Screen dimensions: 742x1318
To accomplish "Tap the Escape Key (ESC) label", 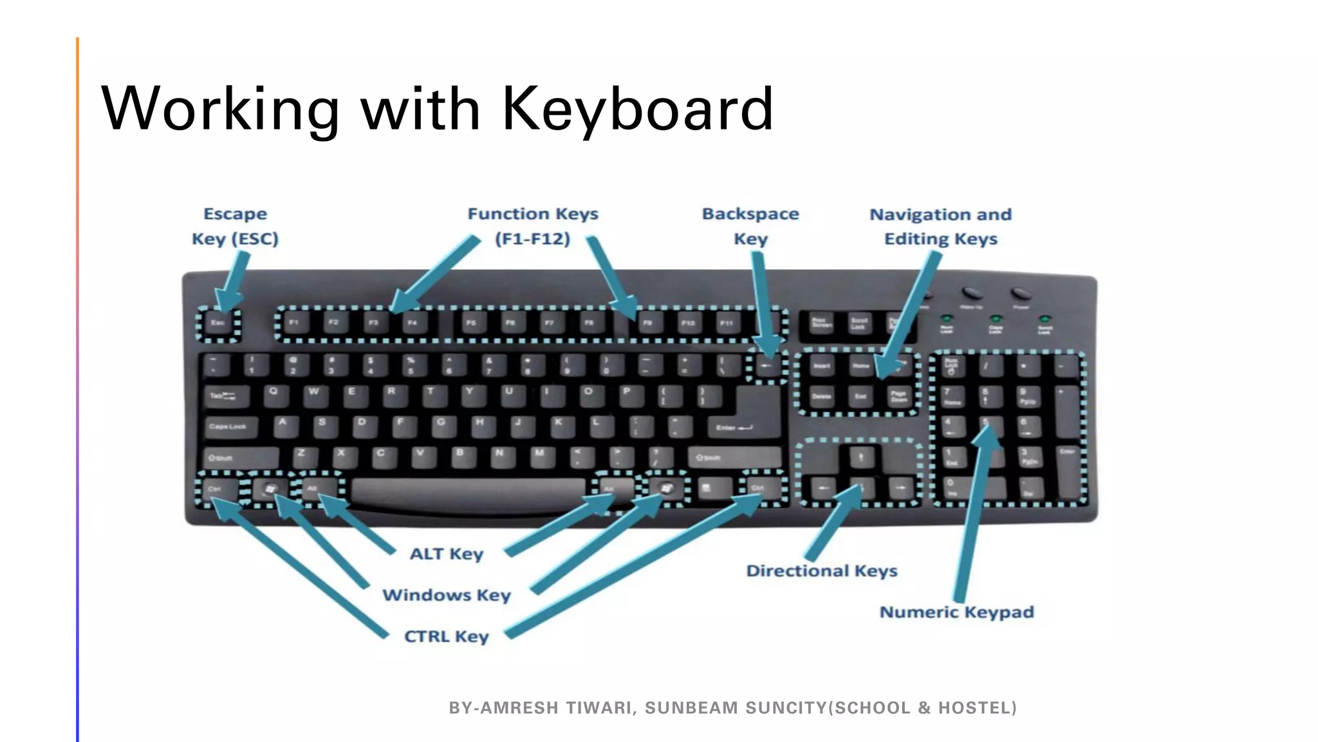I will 235,226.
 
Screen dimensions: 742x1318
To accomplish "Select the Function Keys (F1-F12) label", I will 533,226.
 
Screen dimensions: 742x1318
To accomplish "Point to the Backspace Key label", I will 750,226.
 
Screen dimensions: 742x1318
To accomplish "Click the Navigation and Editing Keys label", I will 940,227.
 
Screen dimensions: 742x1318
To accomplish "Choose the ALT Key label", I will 447,554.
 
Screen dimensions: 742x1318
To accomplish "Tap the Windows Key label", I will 447,595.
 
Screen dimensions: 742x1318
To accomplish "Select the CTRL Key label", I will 447,636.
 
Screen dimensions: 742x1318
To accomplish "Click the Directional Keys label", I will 822,571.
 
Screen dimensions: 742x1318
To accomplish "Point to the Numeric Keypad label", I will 957,612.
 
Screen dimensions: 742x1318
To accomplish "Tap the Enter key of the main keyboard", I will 747,419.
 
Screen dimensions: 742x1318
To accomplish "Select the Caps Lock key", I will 228,426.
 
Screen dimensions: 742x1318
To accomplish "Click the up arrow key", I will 861,458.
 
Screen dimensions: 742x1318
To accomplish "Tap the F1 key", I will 294,322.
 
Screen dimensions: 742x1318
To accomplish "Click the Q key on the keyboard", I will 274,394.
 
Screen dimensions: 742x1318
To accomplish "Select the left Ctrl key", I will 216,490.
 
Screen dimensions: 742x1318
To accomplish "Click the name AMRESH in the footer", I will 523,708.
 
